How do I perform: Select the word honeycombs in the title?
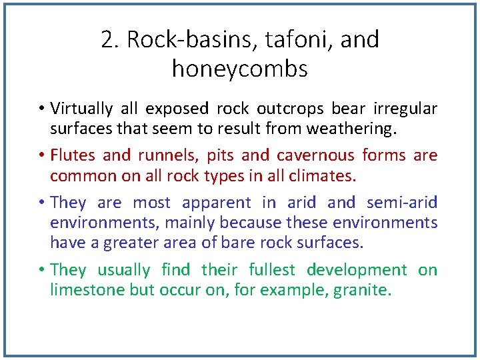tap(240, 69)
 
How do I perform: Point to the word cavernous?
tap(315, 155)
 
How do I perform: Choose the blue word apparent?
tap(217, 203)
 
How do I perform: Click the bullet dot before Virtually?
tap(41, 109)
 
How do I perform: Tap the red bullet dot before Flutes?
tap(41, 156)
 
